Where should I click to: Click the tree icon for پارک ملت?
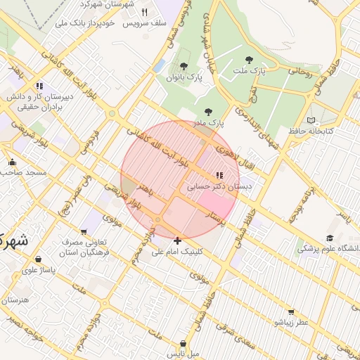[247, 60]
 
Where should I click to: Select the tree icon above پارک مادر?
[207, 111]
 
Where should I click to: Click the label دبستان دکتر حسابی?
[219, 188]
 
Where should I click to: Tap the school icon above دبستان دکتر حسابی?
[219, 175]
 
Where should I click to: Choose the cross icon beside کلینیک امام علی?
[177, 240]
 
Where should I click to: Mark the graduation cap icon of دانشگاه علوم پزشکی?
[330, 238]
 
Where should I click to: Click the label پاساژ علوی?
[39, 269]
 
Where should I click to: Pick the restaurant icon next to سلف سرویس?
[145, 12]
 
